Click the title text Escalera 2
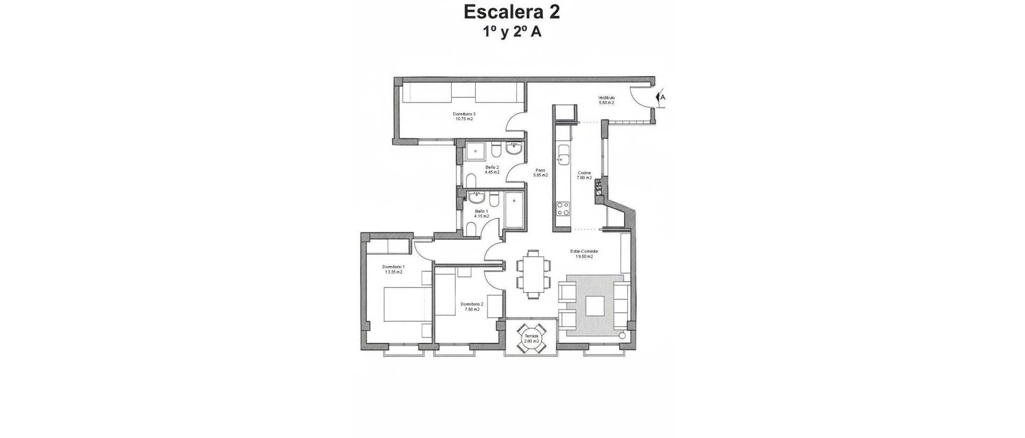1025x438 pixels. click(511, 12)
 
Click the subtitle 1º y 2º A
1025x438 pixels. click(512, 32)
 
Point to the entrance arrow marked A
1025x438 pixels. click(661, 98)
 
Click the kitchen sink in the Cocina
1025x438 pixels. click(563, 159)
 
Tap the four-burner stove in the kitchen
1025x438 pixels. click(563, 208)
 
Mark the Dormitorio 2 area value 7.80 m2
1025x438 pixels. click(471, 309)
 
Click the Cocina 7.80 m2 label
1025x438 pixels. click(584, 175)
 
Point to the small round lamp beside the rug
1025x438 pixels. click(622, 335)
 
